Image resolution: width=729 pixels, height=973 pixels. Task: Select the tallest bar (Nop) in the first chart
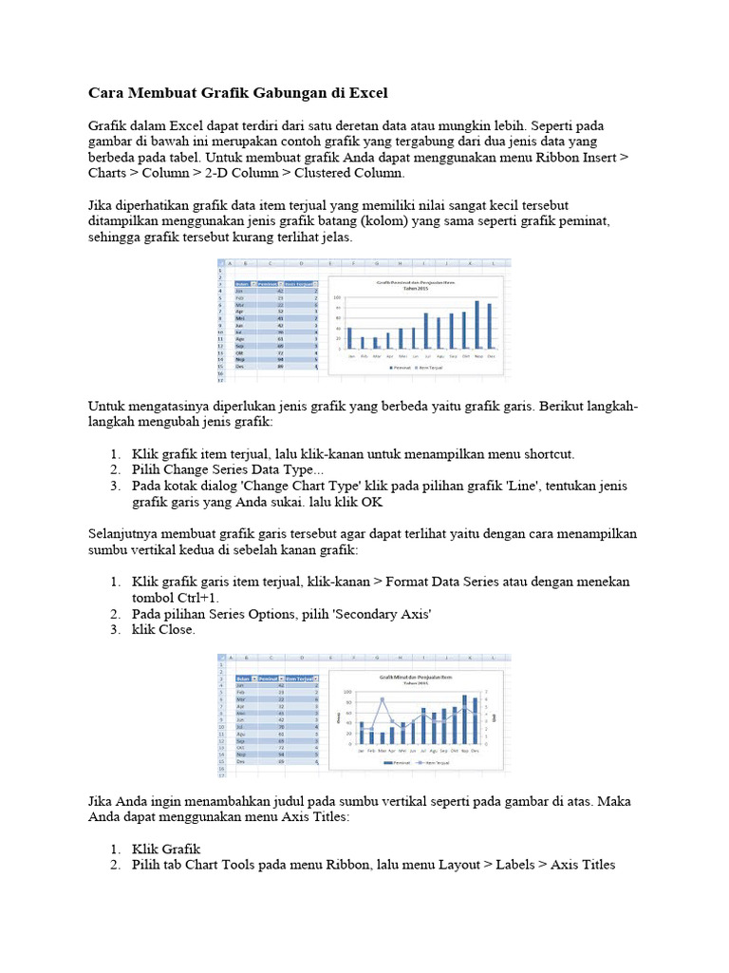(477, 324)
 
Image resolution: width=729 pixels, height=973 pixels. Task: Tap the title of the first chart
(414, 284)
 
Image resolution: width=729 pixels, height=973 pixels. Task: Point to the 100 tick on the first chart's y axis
(336, 298)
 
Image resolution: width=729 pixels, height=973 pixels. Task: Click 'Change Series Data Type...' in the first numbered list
(228, 469)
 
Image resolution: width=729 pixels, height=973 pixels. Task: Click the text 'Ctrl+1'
(194, 598)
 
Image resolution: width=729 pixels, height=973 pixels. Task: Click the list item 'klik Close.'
(163, 629)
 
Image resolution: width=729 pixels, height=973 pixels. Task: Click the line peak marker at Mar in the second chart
(383, 700)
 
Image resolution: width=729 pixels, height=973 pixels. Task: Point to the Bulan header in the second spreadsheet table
(243, 678)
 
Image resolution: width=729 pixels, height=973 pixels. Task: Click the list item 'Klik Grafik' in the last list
(166, 849)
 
